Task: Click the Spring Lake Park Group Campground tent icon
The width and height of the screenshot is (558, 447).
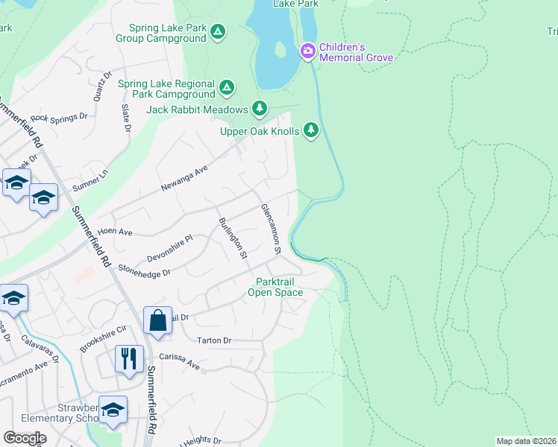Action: coord(217,32)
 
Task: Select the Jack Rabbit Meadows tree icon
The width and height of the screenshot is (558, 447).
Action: coord(259,110)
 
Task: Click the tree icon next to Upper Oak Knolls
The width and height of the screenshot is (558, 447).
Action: coord(311,131)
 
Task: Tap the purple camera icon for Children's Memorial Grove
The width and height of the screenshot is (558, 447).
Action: coord(307,51)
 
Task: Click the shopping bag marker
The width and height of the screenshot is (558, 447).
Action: coord(157,321)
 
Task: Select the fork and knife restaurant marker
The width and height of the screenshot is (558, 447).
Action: coord(129,358)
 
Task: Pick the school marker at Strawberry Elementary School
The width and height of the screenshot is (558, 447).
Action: coord(113,410)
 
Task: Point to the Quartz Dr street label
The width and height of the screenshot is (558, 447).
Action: coord(98,90)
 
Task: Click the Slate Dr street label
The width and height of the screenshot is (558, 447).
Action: coord(126,118)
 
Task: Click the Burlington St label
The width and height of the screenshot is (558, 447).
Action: coord(232,238)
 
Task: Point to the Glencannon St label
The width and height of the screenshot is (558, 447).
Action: coord(270,229)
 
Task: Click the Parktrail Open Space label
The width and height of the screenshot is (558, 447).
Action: coord(280,287)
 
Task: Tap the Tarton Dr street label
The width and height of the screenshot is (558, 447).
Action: coord(214,340)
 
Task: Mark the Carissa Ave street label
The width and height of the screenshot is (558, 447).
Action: coord(184,366)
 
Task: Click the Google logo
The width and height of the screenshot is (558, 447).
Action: coord(25,438)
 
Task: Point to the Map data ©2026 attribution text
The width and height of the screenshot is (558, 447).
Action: coord(527,441)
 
